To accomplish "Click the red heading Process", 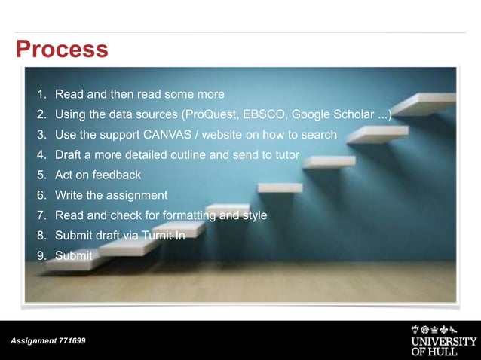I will tap(63, 50).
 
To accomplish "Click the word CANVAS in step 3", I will tap(165, 136).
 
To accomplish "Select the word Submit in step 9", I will tap(74, 256).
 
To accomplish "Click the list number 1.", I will tap(42, 95).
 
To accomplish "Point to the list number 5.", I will tap(42, 175).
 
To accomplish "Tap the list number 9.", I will tap(42, 256).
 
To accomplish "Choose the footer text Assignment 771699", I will tap(48, 341).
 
